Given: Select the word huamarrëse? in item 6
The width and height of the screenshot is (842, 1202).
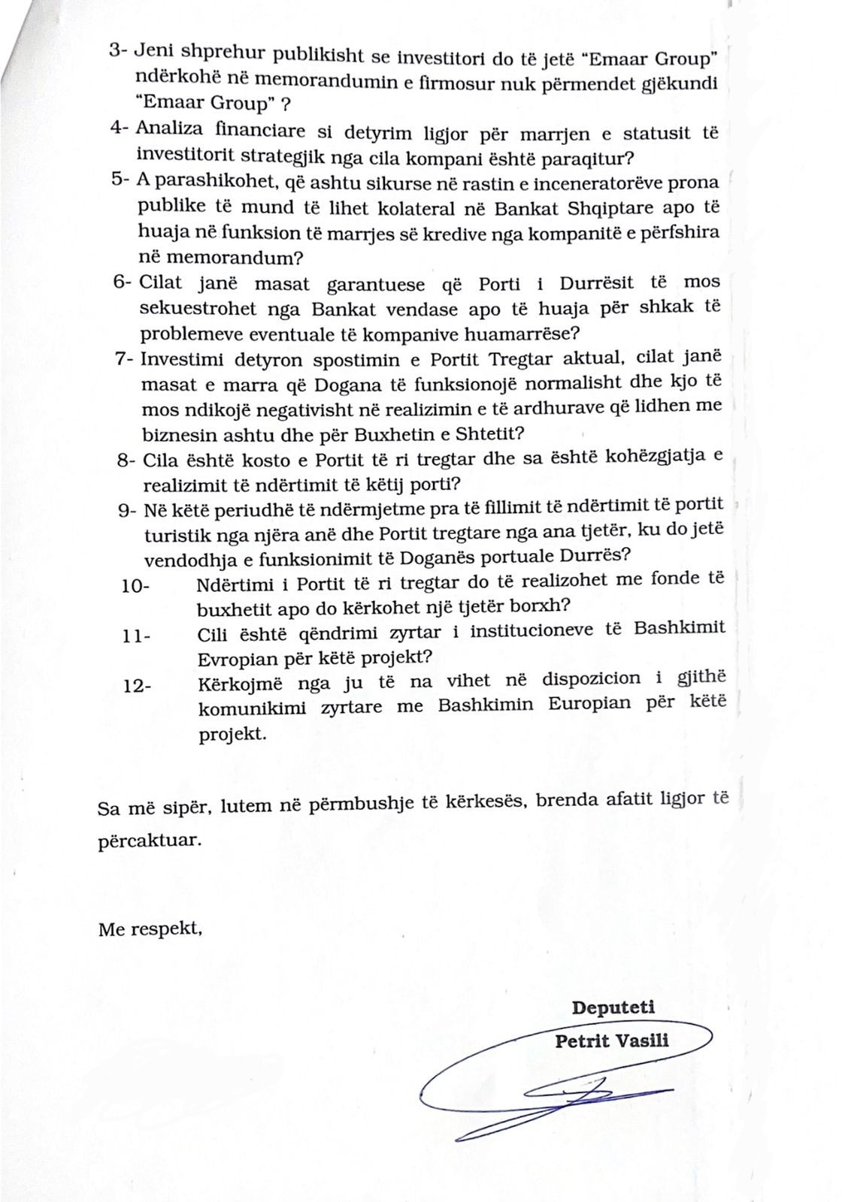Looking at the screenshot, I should (528, 333).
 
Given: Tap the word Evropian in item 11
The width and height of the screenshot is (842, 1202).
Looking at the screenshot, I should (235, 657).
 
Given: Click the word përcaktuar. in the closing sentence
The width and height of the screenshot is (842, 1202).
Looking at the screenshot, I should (150, 839).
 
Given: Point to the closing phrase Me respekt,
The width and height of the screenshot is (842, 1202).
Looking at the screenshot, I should (150, 929).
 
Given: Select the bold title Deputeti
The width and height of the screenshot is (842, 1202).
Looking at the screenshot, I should (613, 1007).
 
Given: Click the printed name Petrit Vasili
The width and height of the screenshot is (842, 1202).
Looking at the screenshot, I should (611, 1040).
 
